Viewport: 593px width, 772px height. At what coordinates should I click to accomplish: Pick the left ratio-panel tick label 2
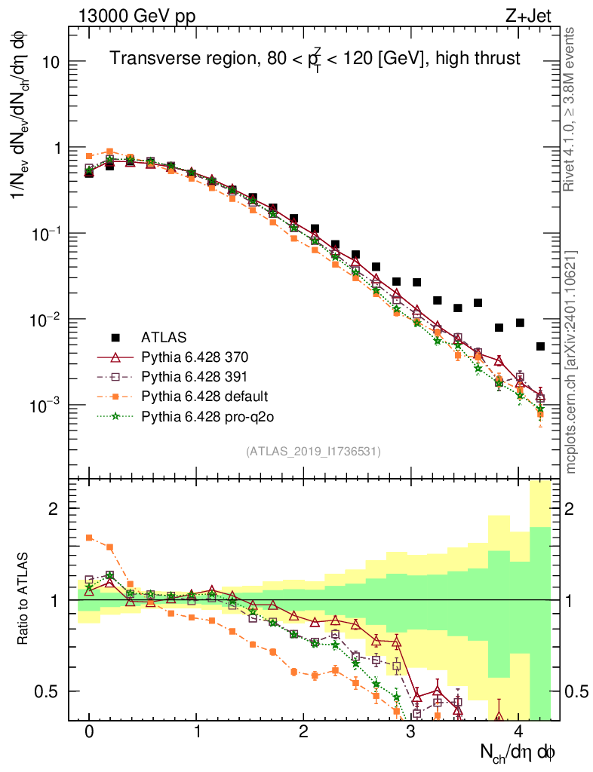(x=54, y=509)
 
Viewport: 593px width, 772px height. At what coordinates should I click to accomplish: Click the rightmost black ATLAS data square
(x=540, y=347)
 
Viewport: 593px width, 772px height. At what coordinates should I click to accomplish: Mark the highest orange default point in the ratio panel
(x=89, y=538)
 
